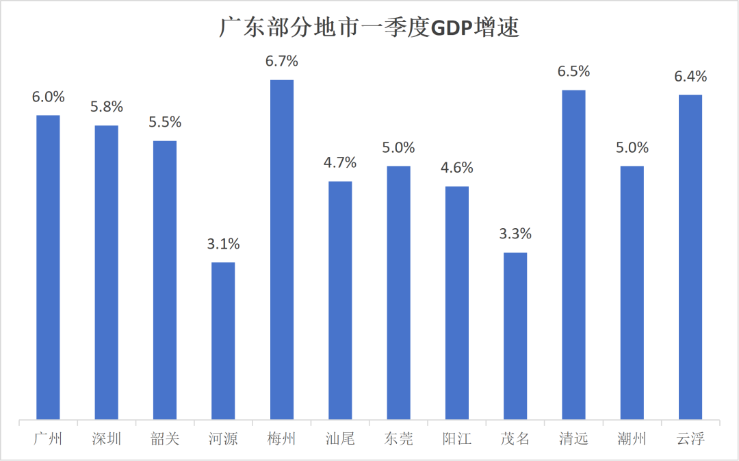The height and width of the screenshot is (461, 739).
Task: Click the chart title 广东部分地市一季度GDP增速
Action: coord(369,27)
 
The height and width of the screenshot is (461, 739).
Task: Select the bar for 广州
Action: coord(48,267)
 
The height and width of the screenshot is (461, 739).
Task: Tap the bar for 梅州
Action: coord(282,249)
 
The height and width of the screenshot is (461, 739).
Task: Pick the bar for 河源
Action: coord(223,340)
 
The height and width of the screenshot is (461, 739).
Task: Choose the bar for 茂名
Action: coord(515,336)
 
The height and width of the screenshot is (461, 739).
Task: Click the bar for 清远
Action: coord(573,254)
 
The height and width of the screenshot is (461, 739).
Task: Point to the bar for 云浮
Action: coord(690,257)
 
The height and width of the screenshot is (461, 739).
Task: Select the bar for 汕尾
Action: coord(340,300)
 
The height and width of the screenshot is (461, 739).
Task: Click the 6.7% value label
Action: coord(282,62)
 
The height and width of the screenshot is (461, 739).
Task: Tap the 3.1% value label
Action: coord(223,244)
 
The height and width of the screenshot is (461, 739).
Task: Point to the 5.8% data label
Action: coord(107,107)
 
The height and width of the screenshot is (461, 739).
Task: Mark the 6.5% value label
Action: coord(573,71)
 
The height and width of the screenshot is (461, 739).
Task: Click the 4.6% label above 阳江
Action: coord(457,168)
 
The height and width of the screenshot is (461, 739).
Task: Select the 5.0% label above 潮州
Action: coord(632,147)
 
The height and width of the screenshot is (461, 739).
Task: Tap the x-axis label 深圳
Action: coord(107,439)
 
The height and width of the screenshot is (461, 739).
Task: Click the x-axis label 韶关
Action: coord(165,439)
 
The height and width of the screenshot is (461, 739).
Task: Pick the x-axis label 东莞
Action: coord(398,439)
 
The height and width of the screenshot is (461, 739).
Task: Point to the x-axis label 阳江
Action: coord(457,439)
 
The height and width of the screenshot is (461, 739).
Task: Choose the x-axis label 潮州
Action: coord(632,439)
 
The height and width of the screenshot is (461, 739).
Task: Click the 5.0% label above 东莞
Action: coord(398,147)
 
